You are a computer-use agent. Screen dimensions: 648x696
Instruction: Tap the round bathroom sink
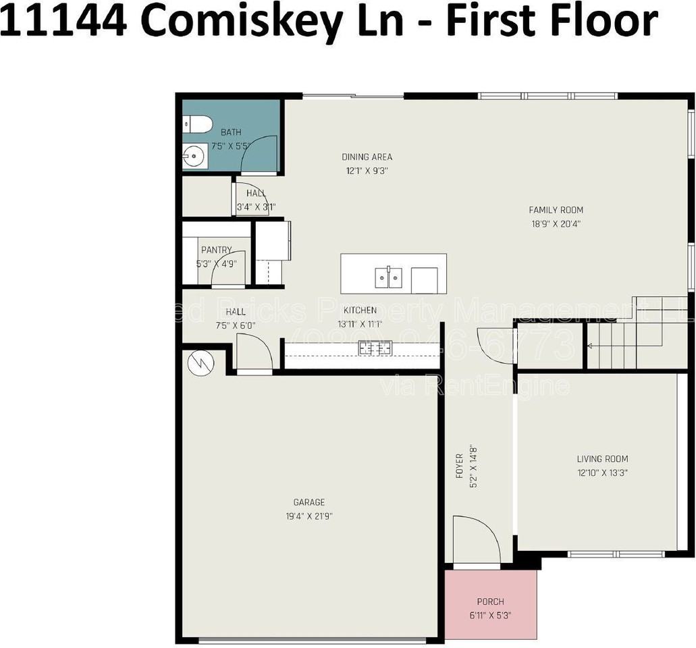[x=194, y=157]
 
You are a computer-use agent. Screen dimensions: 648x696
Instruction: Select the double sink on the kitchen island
[x=388, y=277]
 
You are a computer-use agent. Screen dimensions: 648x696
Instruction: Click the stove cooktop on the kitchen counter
[x=375, y=348]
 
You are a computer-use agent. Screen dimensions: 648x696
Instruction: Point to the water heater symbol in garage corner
[x=200, y=363]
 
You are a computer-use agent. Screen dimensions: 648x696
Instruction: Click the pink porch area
[x=491, y=605]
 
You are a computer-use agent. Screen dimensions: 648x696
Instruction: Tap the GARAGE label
[x=309, y=502]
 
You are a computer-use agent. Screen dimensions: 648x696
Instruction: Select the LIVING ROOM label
[x=602, y=459]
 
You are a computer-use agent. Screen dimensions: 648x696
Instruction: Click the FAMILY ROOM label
[x=556, y=210]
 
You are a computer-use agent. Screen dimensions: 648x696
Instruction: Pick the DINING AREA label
[x=367, y=157]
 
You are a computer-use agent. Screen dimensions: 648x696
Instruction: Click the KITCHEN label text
[x=360, y=310]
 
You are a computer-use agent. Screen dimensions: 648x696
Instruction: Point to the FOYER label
[x=460, y=466]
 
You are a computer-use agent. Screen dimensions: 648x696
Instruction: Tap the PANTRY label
[x=216, y=250]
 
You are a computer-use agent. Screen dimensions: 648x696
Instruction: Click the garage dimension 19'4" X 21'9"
[x=309, y=516]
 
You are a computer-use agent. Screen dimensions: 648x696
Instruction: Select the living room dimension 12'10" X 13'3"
[x=602, y=473]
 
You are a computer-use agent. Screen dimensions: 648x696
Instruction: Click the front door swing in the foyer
[x=475, y=540]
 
